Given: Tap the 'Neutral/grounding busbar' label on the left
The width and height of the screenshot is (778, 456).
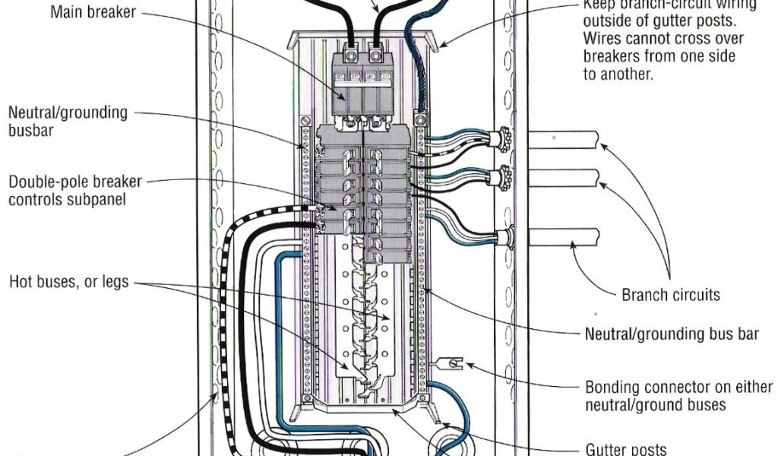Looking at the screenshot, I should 68,121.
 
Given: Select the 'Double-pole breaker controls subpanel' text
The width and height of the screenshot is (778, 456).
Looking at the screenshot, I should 74,192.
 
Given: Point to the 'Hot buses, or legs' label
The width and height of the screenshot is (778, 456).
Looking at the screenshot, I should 69,283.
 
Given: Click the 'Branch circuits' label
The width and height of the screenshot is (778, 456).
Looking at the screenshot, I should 671,295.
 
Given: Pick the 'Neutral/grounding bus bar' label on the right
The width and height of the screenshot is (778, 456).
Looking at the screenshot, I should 672,334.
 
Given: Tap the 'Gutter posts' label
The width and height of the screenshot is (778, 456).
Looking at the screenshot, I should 625,448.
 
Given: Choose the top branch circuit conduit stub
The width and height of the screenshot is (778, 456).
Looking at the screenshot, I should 562,141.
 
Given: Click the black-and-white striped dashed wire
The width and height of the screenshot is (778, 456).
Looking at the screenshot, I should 225,319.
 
